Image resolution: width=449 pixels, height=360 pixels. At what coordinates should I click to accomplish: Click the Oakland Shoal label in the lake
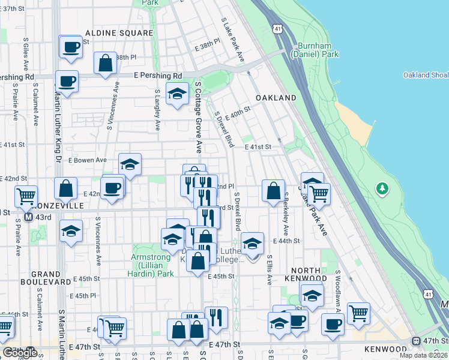[x=424, y=75]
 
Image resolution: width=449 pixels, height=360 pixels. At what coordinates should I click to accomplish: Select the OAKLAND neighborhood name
[x=276, y=97]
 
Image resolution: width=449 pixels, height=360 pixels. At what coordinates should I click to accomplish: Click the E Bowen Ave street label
[x=87, y=160]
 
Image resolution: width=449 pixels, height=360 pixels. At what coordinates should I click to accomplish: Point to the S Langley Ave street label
[x=157, y=110]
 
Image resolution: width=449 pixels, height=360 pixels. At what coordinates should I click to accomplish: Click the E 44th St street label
[x=286, y=241]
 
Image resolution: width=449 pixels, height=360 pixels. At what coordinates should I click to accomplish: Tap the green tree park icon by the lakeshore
[x=382, y=190]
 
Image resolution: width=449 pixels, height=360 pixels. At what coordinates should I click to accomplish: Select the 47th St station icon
[x=417, y=341]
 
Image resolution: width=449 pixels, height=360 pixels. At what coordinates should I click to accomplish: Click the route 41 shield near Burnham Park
[x=277, y=45]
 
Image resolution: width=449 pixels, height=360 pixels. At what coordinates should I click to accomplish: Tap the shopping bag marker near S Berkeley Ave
[x=273, y=191]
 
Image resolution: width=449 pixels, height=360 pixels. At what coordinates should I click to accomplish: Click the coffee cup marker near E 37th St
[x=71, y=46]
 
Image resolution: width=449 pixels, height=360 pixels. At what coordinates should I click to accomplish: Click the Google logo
[x=19, y=353]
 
